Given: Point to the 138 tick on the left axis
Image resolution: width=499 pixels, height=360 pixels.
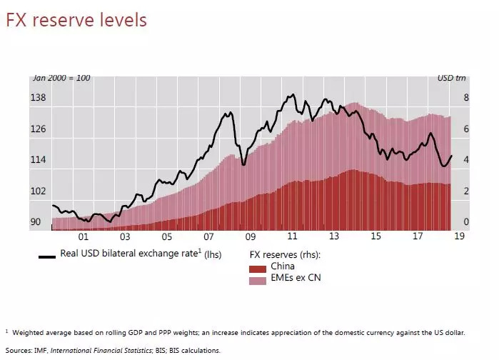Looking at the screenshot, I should point(38,98).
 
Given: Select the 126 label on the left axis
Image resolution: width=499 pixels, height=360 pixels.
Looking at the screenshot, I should point(38,129).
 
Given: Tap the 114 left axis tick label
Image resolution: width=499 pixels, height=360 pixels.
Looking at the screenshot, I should point(38,160).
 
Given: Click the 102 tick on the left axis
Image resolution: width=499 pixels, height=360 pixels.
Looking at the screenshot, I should point(38,191).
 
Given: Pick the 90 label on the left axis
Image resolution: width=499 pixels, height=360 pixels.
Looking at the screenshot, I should point(35,222).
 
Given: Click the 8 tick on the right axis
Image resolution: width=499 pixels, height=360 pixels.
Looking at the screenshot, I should point(465,98).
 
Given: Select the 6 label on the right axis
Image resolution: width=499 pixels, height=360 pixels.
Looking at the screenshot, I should point(465,129).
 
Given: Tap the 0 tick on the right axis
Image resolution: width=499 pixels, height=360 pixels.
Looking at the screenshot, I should point(465,222).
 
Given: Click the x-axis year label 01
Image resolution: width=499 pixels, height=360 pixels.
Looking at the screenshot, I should point(83,236).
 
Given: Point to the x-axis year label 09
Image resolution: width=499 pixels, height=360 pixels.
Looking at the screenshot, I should point(250,236).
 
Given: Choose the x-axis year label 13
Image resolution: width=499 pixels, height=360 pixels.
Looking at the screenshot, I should point(334,236).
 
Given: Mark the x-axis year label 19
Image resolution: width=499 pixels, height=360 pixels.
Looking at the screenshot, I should point(460,236).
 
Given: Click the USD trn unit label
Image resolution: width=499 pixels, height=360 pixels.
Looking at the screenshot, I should point(451,78).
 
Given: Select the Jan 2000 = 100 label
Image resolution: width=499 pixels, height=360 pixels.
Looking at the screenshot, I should point(61,78).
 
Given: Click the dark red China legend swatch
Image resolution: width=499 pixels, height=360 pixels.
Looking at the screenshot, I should point(258,268).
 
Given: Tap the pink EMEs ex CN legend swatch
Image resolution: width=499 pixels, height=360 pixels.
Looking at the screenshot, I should point(258,279).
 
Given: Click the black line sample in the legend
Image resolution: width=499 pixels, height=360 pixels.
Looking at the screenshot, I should point(47,255).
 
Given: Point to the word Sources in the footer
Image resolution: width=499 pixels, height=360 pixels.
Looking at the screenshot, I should point(20,351).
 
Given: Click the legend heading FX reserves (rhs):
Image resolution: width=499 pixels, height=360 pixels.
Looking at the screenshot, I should point(284,255).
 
